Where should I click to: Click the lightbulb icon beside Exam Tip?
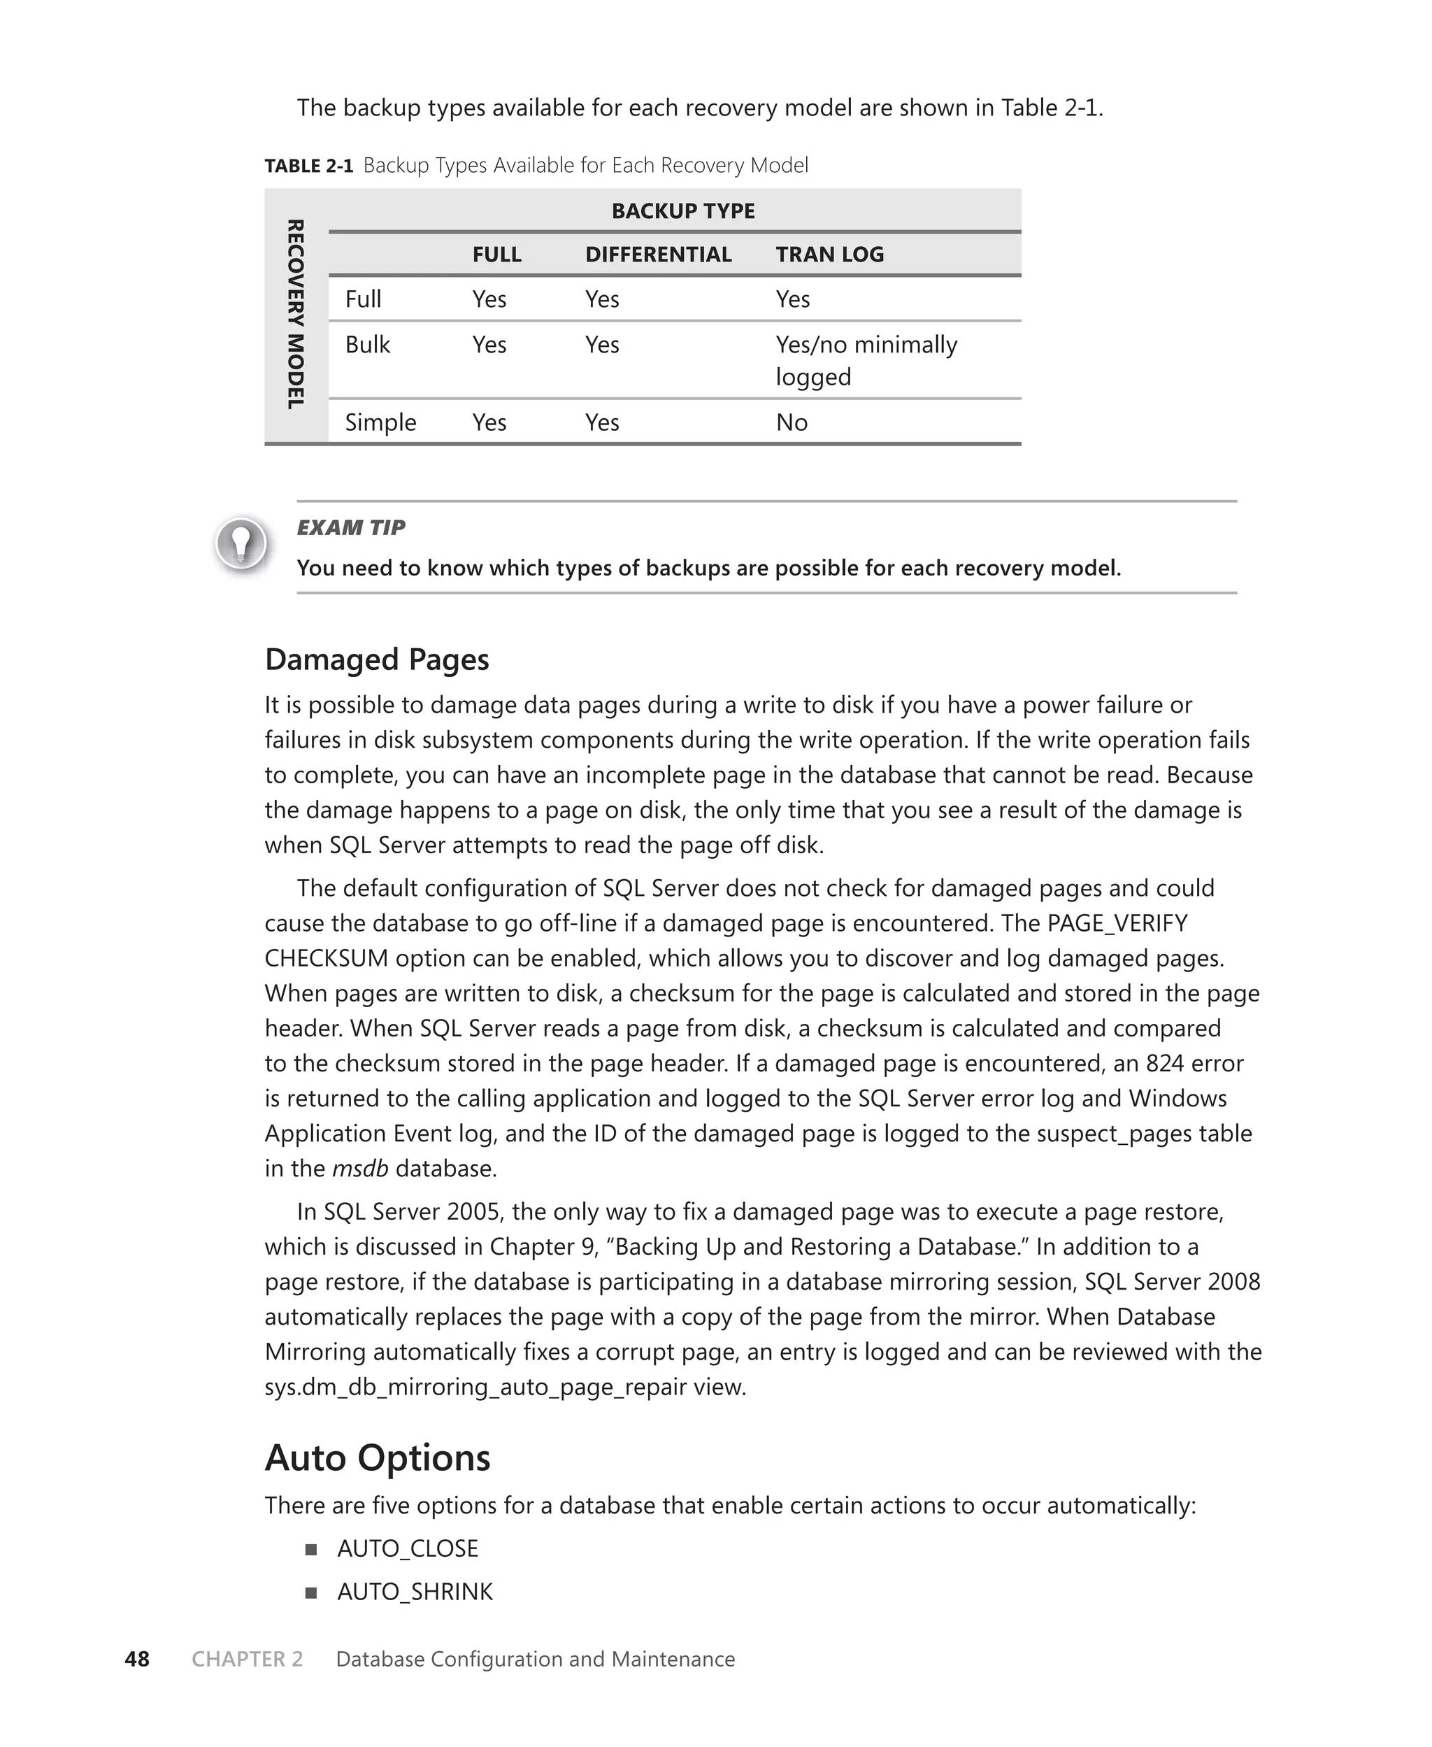point(241,543)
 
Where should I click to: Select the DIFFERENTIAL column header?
point(658,254)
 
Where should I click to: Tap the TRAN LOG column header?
point(829,254)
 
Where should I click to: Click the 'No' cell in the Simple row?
point(791,422)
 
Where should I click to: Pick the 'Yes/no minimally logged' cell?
point(866,360)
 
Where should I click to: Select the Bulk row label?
point(367,344)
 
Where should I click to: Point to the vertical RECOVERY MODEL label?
point(295,314)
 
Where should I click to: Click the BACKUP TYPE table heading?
point(683,211)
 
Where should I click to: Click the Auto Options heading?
point(377,1457)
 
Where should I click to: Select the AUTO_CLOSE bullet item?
point(408,1548)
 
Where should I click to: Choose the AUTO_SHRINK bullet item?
point(415,1591)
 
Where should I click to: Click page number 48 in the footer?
point(137,1659)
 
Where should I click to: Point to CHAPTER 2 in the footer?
point(248,1659)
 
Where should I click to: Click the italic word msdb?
point(359,1168)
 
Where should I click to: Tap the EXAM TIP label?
point(350,527)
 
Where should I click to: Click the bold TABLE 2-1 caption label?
point(308,166)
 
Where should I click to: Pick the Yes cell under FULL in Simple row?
point(489,422)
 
